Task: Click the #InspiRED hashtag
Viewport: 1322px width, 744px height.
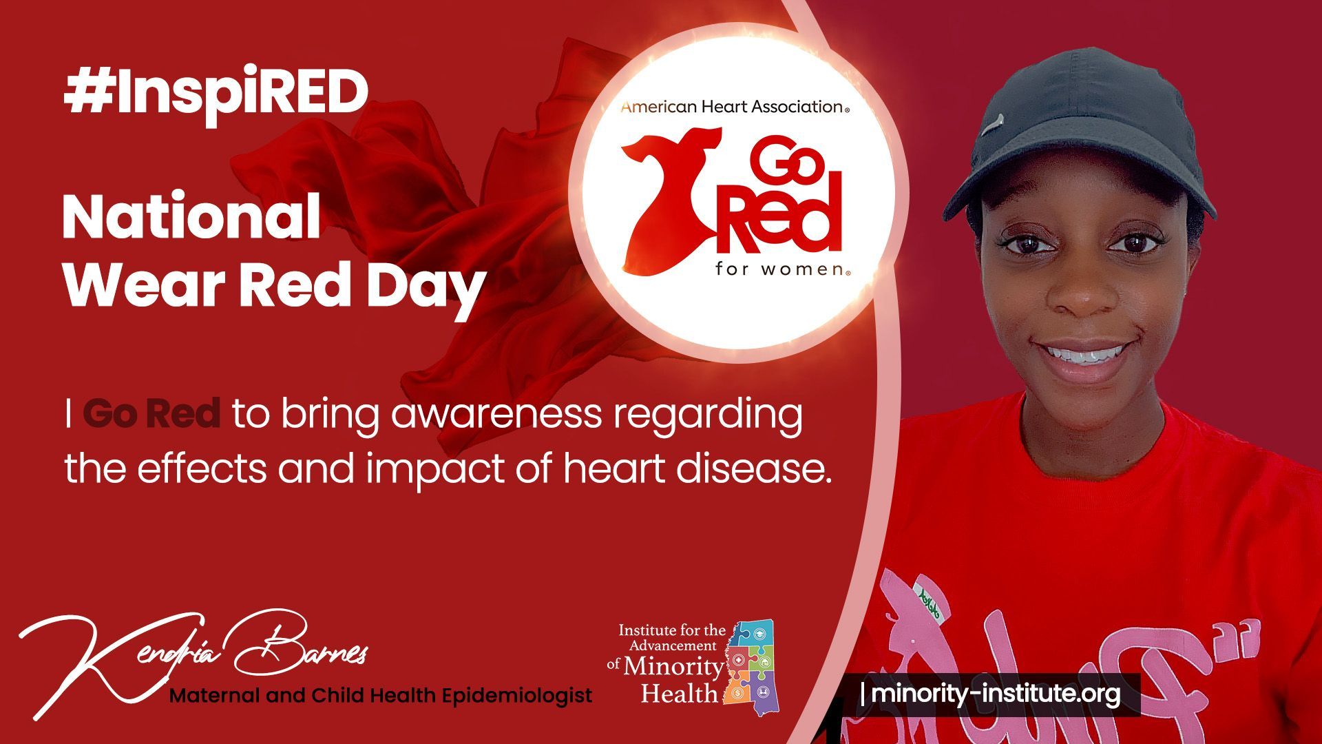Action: pos(216,94)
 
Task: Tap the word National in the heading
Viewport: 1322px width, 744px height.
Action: pos(191,217)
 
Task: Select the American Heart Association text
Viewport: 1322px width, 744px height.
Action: pos(735,107)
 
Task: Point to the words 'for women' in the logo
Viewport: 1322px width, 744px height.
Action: pos(782,269)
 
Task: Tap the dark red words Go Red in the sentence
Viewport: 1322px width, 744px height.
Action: pos(151,414)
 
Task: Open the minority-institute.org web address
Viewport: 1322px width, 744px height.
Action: pos(996,694)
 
